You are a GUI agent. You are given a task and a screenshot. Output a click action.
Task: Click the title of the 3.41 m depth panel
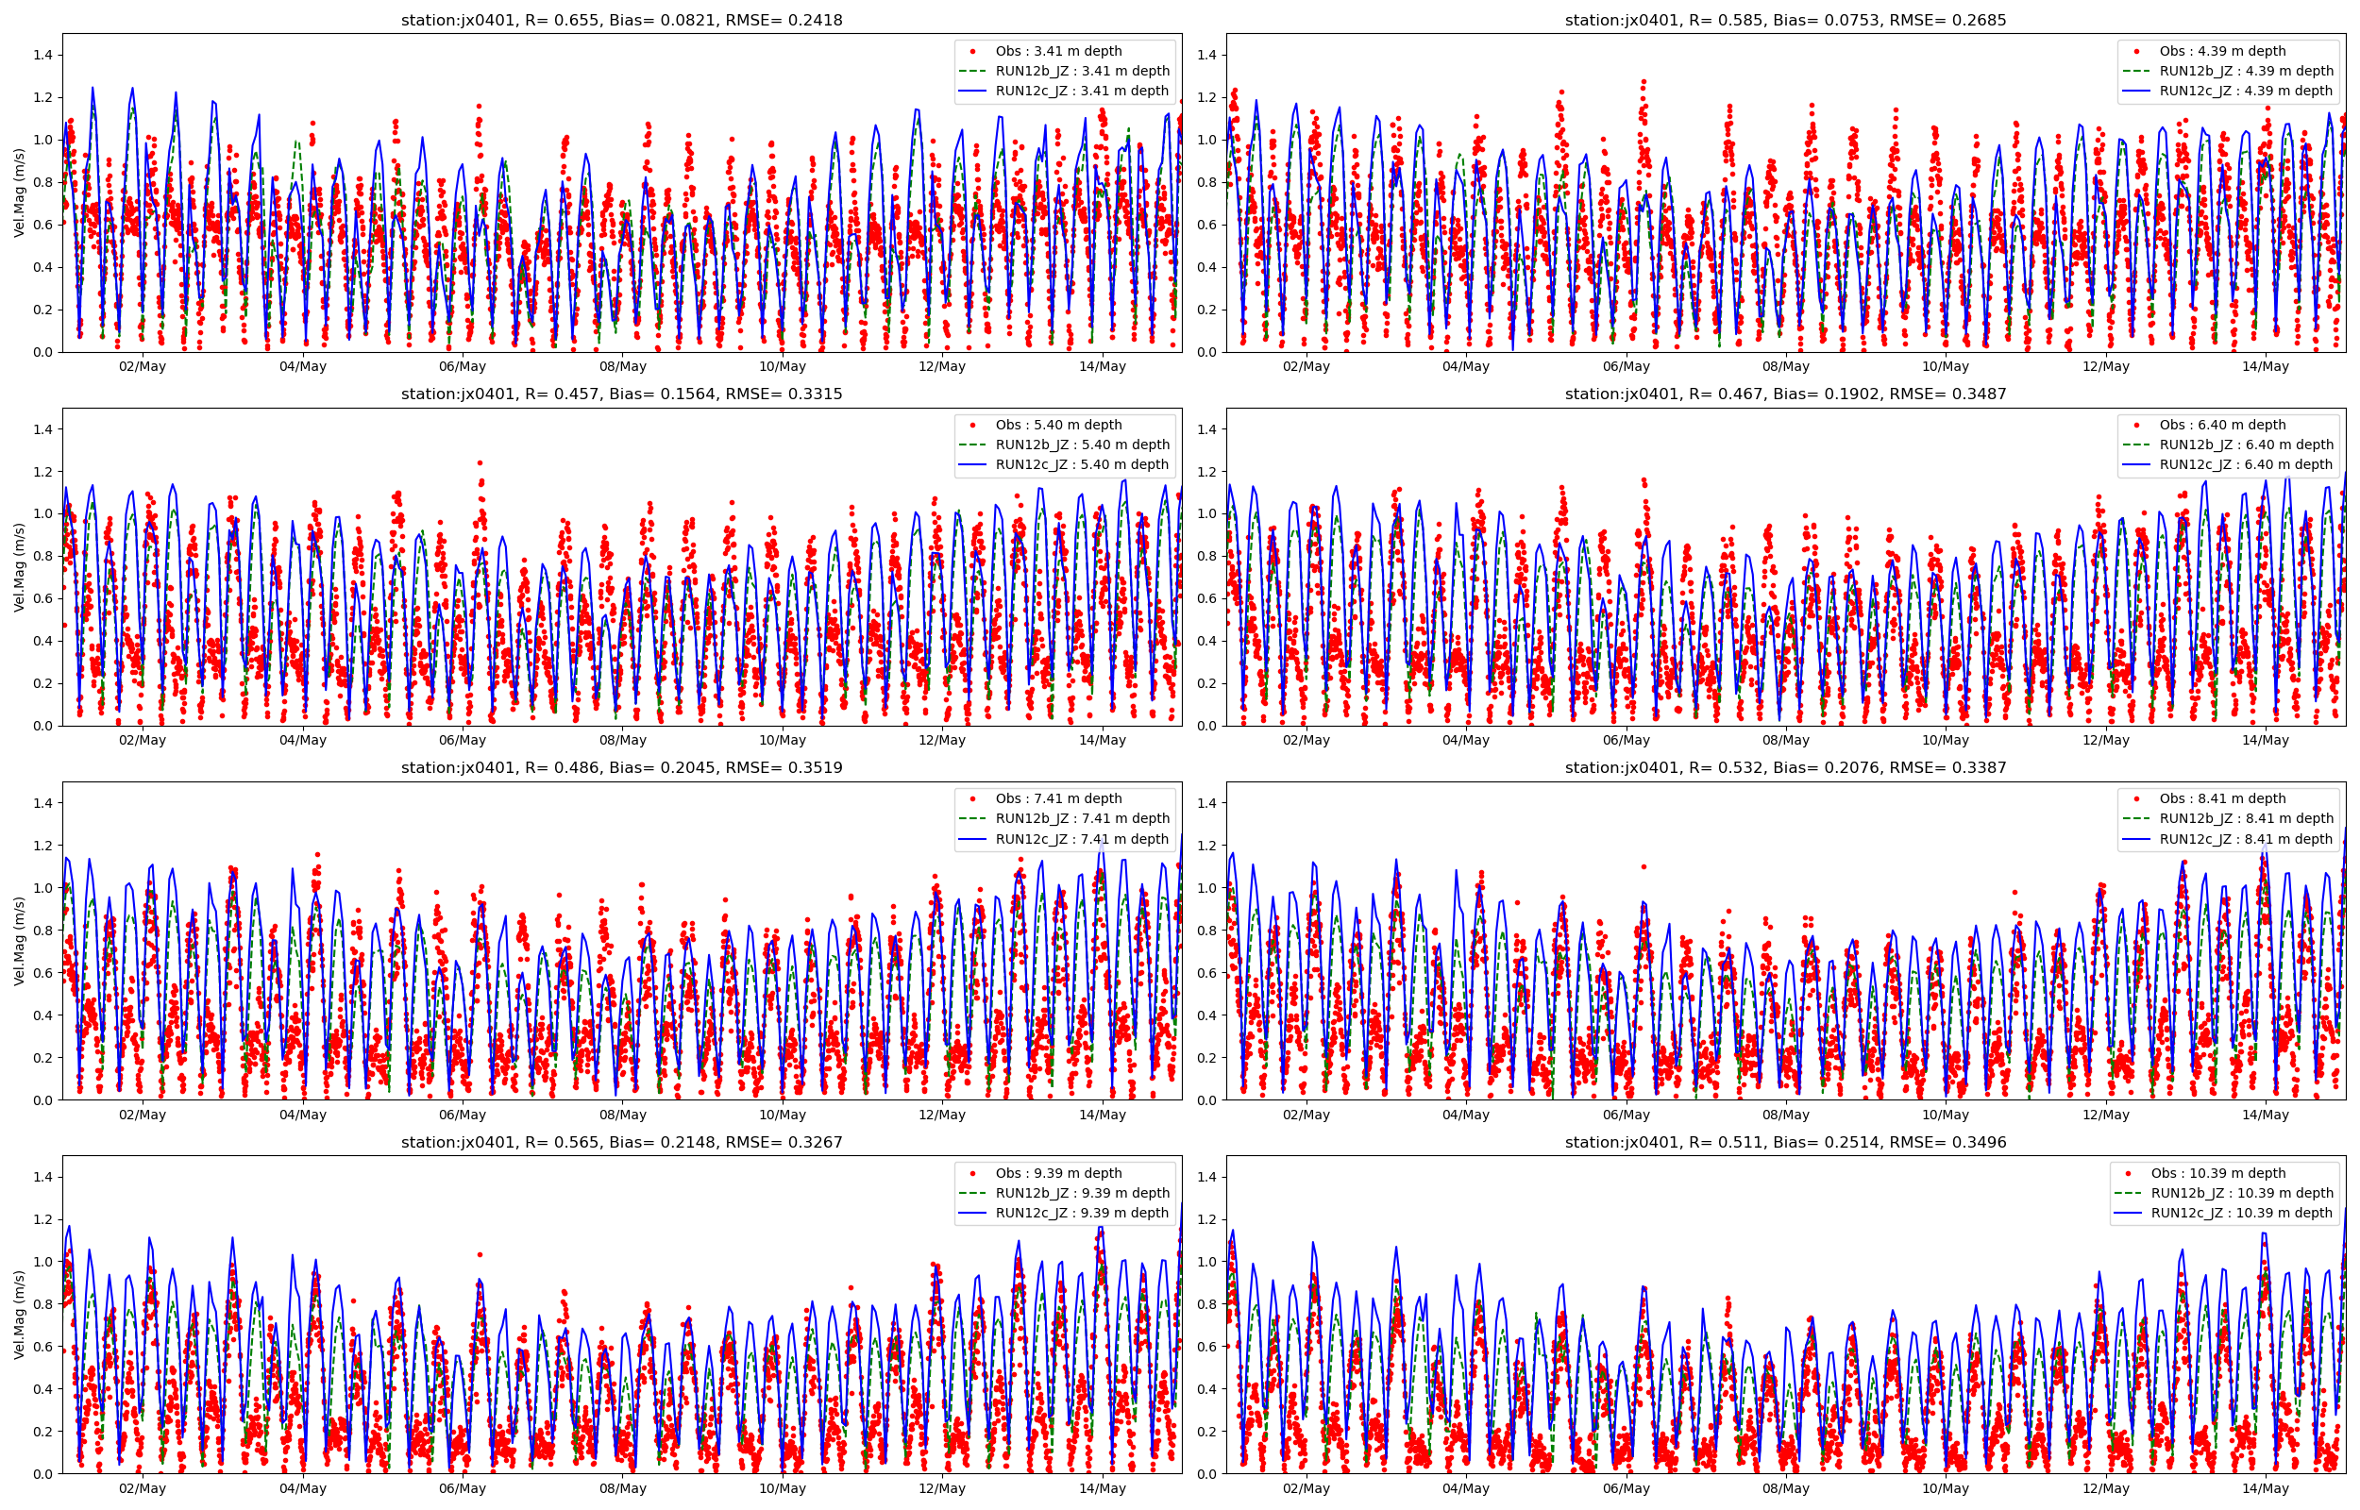click(x=621, y=20)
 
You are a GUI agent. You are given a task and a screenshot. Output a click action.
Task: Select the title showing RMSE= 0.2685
click(x=1785, y=20)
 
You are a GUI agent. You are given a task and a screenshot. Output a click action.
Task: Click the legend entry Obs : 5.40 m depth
click(x=1058, y=425)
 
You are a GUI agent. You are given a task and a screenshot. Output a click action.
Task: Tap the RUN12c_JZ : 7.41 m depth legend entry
click(x=1082, y=838)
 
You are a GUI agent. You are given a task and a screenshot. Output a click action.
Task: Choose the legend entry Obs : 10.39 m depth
click(x=2217, y=1173)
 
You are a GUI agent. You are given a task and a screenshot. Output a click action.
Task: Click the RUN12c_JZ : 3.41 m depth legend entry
click(x=1082, y=91)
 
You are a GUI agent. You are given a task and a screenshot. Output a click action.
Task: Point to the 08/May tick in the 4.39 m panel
click(x=1785, y=366)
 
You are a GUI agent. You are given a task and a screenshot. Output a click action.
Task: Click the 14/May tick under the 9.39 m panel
click(x=1102, y=1488)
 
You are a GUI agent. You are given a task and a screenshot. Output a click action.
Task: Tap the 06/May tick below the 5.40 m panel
click(x=462, y=740)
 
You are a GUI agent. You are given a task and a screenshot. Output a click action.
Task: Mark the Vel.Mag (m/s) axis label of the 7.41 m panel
click(x=20, y=940)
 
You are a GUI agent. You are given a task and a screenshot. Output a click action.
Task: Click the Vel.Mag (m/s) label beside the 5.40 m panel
click(x=20, y=567)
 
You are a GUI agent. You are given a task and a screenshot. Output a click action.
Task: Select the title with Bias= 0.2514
click(x=1785, y=1142)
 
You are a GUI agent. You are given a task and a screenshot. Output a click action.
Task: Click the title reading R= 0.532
click(x=1785, y=768)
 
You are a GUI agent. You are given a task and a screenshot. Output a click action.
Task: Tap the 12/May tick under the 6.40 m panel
click(x=2105, y=740)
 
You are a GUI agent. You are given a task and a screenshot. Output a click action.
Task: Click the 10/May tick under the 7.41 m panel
click(x=782, y=1115)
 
